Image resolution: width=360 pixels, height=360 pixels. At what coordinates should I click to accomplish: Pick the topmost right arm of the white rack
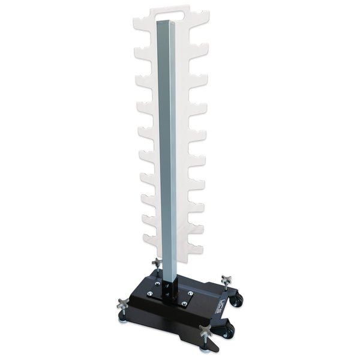click(x=198, y=20)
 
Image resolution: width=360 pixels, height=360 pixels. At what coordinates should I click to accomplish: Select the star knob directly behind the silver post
click(x=157, y=263)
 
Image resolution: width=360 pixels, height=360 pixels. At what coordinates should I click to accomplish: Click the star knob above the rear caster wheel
click(x=227, y=280)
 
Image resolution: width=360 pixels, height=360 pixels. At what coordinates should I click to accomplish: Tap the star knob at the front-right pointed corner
click(x=206, y=331)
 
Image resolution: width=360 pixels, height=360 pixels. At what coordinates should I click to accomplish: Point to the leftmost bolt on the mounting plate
click(x=149, y=294)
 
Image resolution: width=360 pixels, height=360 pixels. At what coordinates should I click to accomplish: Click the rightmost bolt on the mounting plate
click(x=190, y=293)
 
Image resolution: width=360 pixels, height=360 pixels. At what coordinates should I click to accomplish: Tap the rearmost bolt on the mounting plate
click(x=158, y=284)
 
